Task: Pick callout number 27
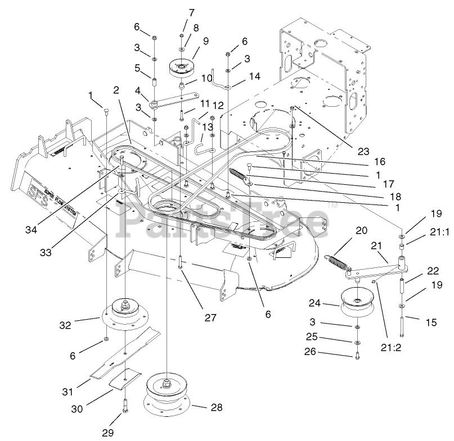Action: tap(210, 318)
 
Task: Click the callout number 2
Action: tap(116, 90)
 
